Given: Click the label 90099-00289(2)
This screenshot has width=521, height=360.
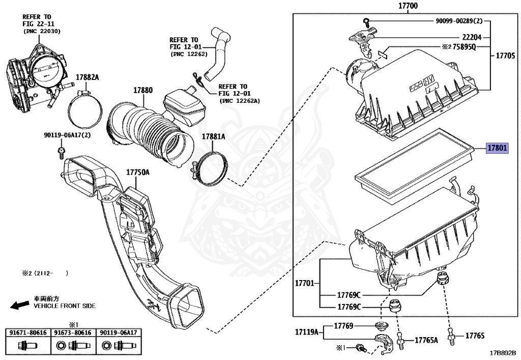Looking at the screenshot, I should click(x=462, y=21).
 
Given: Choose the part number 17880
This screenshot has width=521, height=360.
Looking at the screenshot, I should click(x=143, y=90).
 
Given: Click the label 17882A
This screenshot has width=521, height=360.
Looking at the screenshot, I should click(x=88, y=77).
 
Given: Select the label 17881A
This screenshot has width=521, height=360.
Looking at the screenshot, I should click(x=213, y=136).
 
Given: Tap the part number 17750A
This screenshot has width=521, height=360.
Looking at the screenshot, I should click(x=138, y=173).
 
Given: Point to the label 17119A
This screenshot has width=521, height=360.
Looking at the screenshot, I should click(x=307, y=333).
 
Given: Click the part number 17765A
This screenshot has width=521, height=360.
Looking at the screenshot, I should click(x=426, y=340).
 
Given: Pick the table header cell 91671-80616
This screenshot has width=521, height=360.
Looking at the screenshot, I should click(x=28, y=333).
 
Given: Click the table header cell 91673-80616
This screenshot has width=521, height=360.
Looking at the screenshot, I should click(x=73, y=333).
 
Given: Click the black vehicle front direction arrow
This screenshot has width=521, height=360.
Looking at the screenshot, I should click(x=20, y=305).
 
